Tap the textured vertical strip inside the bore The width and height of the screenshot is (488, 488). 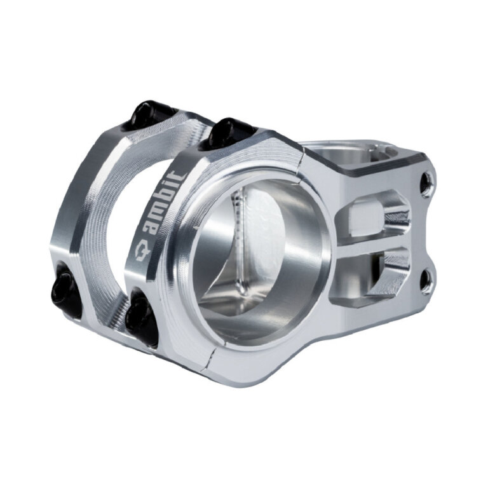[240, 241]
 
